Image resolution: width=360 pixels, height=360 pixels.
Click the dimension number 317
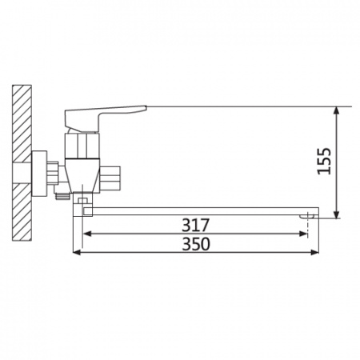point(196,225)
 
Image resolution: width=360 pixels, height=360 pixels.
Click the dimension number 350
point(196,244)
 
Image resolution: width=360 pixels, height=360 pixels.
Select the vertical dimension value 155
point(324,161)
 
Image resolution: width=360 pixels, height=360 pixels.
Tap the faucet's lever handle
point(104,117)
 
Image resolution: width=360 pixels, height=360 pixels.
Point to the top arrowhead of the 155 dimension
point(337,110)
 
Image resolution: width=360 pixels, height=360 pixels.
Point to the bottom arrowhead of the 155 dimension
point(337,214)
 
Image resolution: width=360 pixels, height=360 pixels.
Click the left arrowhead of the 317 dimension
point(87,234)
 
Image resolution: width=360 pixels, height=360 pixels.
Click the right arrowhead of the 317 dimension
point(303,234)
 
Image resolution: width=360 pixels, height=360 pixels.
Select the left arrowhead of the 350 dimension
point(77,252)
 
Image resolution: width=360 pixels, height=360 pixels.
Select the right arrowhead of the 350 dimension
point(314,252)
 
